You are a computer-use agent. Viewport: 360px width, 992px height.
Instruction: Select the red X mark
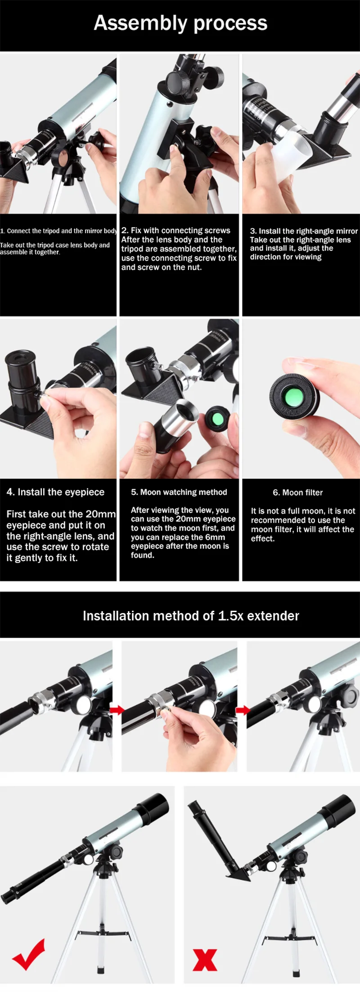pos(205,960)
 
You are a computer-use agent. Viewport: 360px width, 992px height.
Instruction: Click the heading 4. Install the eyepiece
pos(55,492)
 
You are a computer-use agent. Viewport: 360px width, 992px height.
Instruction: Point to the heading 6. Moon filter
pos(297,492)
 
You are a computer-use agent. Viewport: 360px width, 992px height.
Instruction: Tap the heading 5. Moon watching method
pos(179,492)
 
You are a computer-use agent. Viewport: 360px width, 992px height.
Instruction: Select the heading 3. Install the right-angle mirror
pos(304,231)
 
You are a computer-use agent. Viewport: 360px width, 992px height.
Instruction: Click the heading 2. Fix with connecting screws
pos(176,230)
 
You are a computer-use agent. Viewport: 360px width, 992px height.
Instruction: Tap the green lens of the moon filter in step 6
pos(293,398)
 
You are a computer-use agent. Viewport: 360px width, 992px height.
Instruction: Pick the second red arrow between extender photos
pos(243,710)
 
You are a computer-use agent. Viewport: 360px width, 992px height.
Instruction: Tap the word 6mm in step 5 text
pos(215,537)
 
